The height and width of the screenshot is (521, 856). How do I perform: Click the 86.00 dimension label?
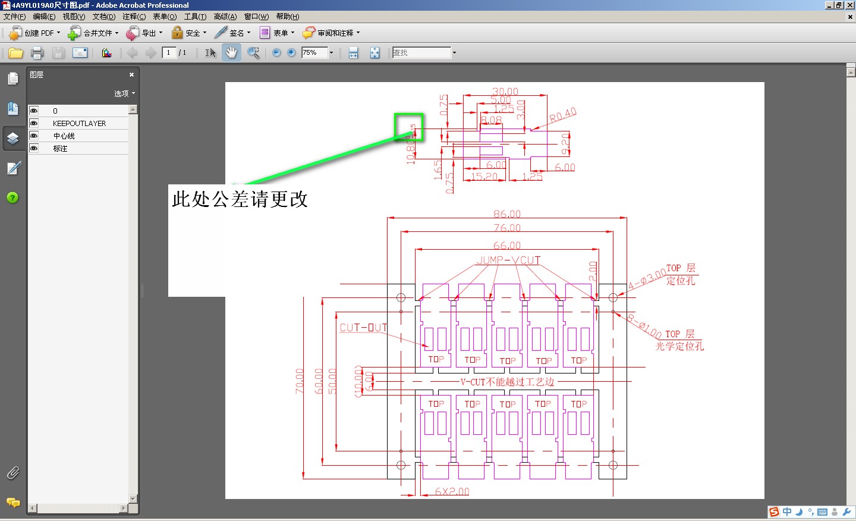506,214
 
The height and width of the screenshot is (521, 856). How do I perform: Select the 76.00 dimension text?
506,228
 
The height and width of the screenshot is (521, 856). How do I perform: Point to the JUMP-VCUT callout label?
508,260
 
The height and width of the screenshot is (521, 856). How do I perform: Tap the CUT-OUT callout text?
363,328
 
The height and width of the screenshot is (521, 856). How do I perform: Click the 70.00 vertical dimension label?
300,381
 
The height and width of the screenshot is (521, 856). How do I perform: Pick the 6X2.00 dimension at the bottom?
452,491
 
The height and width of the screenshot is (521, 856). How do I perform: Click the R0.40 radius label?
562,115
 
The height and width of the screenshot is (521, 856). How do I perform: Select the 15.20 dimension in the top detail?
484,176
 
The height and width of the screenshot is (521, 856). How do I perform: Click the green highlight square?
409,127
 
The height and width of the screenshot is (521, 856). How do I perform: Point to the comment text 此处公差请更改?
240,199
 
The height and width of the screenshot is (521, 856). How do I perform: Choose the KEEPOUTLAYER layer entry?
79,124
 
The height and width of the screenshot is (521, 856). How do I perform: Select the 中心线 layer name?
64,136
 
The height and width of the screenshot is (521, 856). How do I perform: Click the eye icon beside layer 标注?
34,148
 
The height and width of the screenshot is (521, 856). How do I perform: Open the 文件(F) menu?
14,17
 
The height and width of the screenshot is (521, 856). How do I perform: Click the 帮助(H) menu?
288,17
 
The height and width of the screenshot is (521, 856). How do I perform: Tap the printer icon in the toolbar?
37,53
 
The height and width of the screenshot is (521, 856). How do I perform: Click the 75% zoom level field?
314,53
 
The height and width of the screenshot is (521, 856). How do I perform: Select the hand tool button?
231,53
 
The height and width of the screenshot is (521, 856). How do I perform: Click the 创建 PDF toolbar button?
35,33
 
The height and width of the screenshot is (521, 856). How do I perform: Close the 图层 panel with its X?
131,75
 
